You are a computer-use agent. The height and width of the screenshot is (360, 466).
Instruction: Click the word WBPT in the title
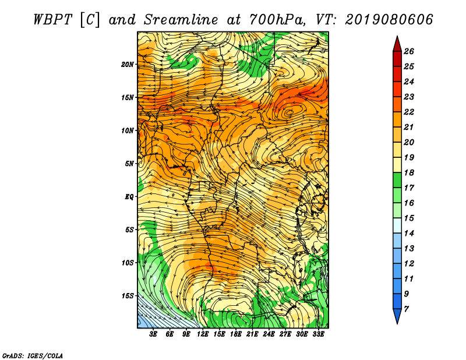[52, 20]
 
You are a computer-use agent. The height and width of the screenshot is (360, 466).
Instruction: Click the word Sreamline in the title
[181, 20]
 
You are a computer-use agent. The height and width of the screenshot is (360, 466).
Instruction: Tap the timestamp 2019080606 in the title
[389, 20]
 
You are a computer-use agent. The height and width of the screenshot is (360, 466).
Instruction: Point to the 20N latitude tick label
[128, 65]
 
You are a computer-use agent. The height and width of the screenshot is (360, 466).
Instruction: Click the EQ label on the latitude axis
[129, 197]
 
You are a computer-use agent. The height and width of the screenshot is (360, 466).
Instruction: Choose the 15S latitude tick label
[128, 296]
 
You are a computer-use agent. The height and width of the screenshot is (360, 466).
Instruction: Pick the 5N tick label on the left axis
[129, 164]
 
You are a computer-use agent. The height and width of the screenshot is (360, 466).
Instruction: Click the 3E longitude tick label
[153, 334]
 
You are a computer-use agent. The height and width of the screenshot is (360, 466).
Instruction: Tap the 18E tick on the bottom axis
[235, 334]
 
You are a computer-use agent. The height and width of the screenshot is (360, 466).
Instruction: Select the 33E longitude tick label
[318, 334]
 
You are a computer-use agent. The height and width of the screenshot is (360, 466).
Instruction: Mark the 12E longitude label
[202, 334]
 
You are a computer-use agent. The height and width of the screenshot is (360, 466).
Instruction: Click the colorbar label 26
[409, 51]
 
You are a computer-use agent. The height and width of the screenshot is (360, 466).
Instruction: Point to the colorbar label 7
[406, 309]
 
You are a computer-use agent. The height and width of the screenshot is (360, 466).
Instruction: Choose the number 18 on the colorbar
[409, 172]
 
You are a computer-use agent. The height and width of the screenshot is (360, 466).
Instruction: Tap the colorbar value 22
[409, 112]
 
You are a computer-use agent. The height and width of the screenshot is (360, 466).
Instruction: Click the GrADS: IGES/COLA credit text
[33, 356]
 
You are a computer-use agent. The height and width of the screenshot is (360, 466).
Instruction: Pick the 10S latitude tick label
[128, 263]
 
